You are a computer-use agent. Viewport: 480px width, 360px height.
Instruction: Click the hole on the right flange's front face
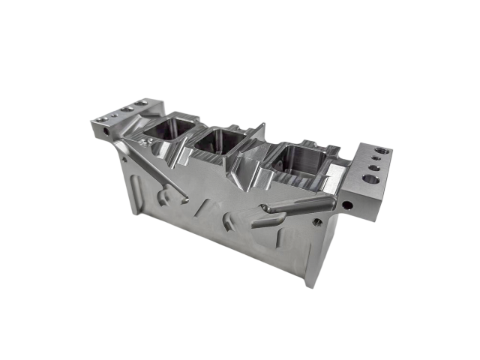point(347,202)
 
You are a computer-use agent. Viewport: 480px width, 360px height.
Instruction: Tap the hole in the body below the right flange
point(319,222)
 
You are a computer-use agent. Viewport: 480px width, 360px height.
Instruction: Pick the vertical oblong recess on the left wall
point(133,185)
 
